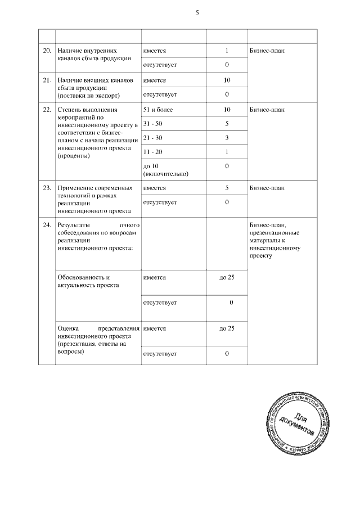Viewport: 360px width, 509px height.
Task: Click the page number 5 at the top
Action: tap(197, 13)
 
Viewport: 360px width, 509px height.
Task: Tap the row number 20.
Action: tap(47, 51)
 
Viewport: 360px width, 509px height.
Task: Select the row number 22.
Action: tap(47, 109)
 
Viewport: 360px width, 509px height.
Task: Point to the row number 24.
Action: tap(47, 225)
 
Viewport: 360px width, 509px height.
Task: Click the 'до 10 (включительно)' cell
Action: tap(165, 170)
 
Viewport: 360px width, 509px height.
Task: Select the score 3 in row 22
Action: tap(226, 138)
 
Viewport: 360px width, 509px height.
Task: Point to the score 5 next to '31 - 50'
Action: tap(226, 123)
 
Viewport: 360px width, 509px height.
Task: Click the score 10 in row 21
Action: tap(227, 80)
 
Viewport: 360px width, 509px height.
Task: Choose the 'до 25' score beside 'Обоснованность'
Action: tap(227, 278)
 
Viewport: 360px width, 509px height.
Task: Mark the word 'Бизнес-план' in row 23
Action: tap(267, 188)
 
